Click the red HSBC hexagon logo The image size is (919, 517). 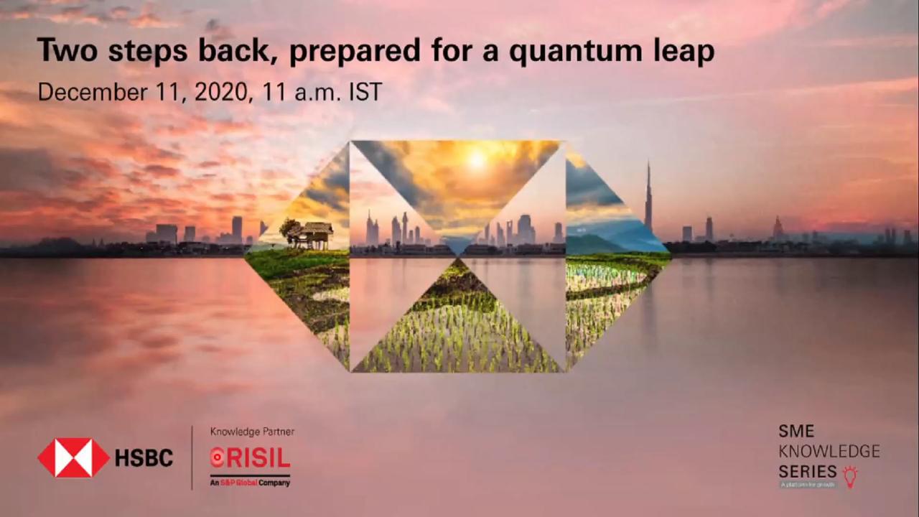coord(73,458)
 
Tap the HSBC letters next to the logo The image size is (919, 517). coord(144,458)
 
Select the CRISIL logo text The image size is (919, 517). coord(250,457)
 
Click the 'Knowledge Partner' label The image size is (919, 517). coord(252,432)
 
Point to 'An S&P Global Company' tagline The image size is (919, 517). coord(250,483)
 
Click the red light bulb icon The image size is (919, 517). coord(850,476)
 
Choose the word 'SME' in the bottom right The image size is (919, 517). coord(796,432)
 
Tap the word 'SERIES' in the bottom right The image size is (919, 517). coord(808,472)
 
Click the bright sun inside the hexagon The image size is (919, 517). coord(476,159)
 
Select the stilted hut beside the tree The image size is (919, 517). coord(316,234)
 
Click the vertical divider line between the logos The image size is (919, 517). coord(192,457)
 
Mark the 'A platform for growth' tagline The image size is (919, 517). coord(808,485)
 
